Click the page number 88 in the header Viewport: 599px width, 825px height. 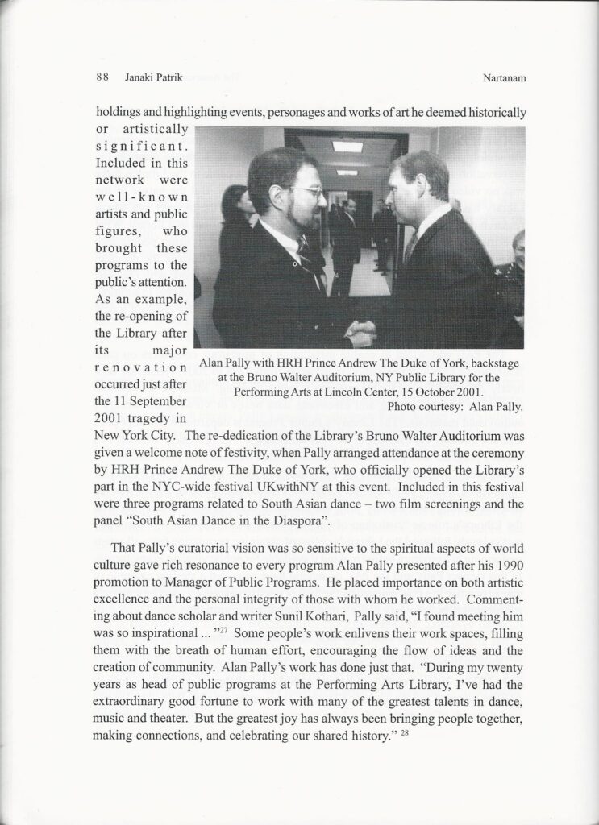pyautogui.click(x=102, y=79)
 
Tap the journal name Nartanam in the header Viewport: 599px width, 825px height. pyautogui.click(x=500, y=79)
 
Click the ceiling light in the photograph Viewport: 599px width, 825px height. pyautogui.click(x=347, y=146)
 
